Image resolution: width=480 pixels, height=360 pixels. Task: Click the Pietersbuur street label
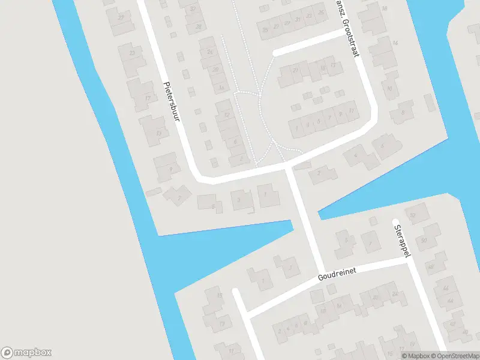pyautogui.click(x=172, y=103)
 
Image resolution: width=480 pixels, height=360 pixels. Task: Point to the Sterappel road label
pyautogui.click(x=401, y=241)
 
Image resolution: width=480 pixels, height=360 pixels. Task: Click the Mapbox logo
pyautogui.click(x=26, y=352)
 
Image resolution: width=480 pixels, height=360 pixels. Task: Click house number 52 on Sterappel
pyautogui.click(x=413, y=215)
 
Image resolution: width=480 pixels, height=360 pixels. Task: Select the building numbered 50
pyautogui.click(x=424, y=241)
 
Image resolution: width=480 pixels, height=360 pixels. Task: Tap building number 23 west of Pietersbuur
pyautogui.click(x=131, y=53)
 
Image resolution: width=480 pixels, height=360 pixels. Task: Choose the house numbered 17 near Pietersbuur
pyautogui.click(x=148, y=97)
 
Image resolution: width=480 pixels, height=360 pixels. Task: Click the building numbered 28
pyautogui.click(x=199, y=26)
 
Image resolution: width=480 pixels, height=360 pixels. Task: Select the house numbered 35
pyautogui.click(x=265, y=28)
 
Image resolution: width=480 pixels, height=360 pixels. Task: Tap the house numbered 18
pyautogui.click(x=384, y=8)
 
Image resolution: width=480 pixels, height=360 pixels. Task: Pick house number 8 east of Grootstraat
pyautogui.click(x=402, y=112)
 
